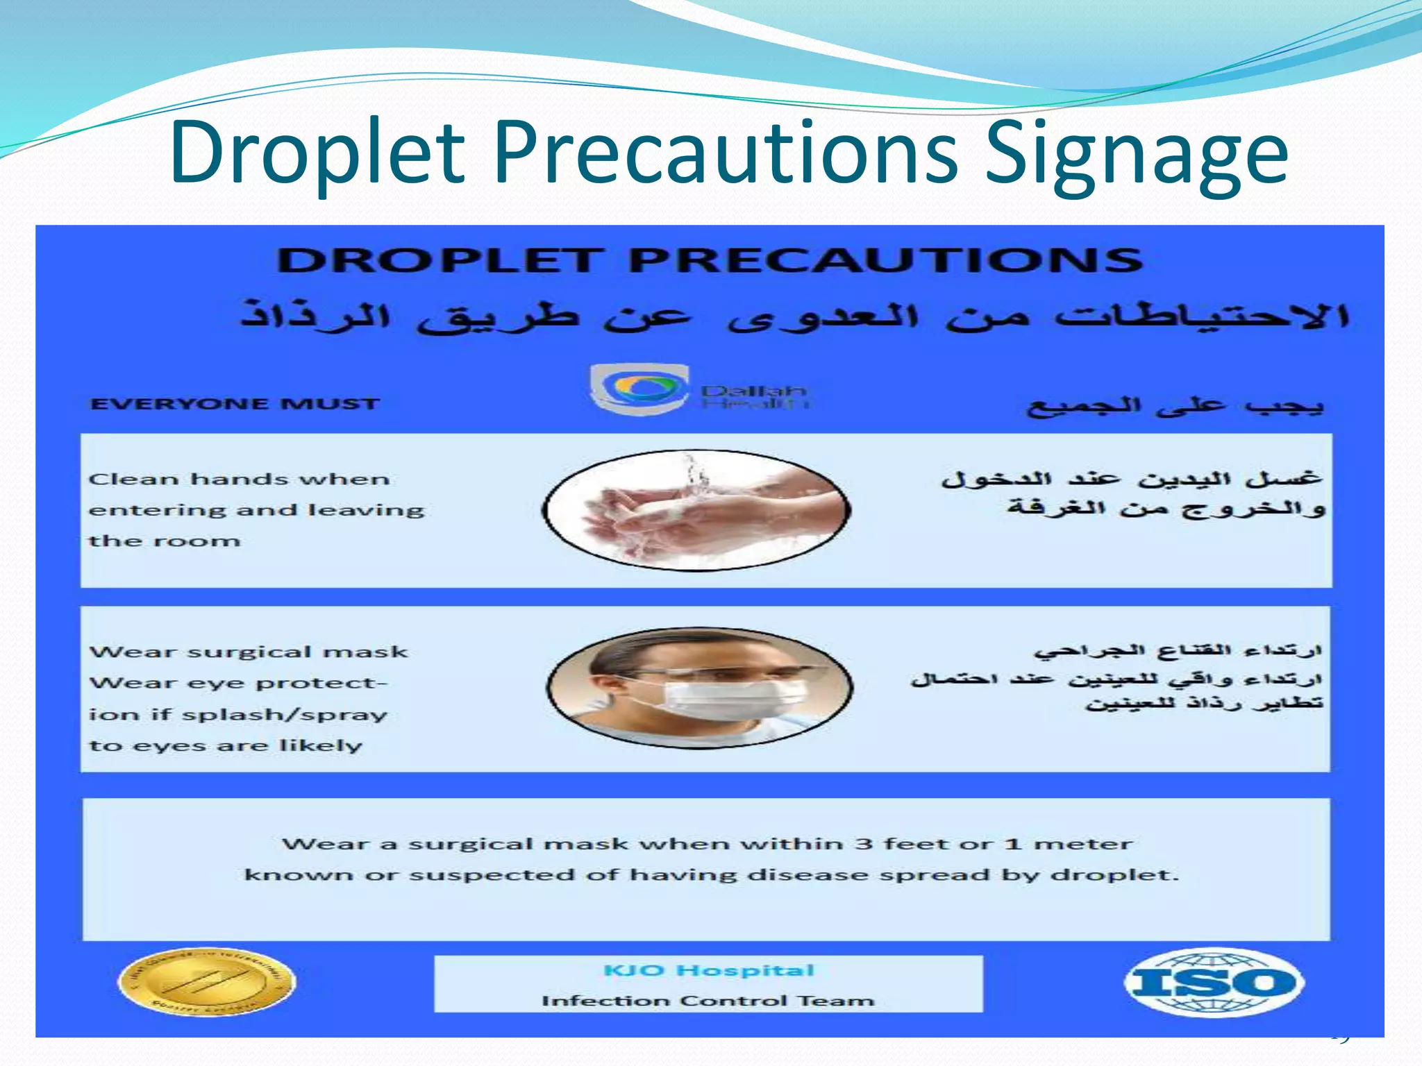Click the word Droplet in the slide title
coord(317,154)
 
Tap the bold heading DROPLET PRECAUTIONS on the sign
coord(710,262)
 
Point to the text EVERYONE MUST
coord(235,404)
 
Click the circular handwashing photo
coord(696,510)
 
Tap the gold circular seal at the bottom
coord(206,982)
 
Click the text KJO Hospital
coord(708,970)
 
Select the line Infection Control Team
coord(708,1001)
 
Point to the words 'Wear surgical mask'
coord(249,652)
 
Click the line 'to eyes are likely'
coord(226,746)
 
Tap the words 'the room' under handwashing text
coord(165,541)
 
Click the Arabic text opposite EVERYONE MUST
coord(1175,406)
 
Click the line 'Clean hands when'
coord(240,480)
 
